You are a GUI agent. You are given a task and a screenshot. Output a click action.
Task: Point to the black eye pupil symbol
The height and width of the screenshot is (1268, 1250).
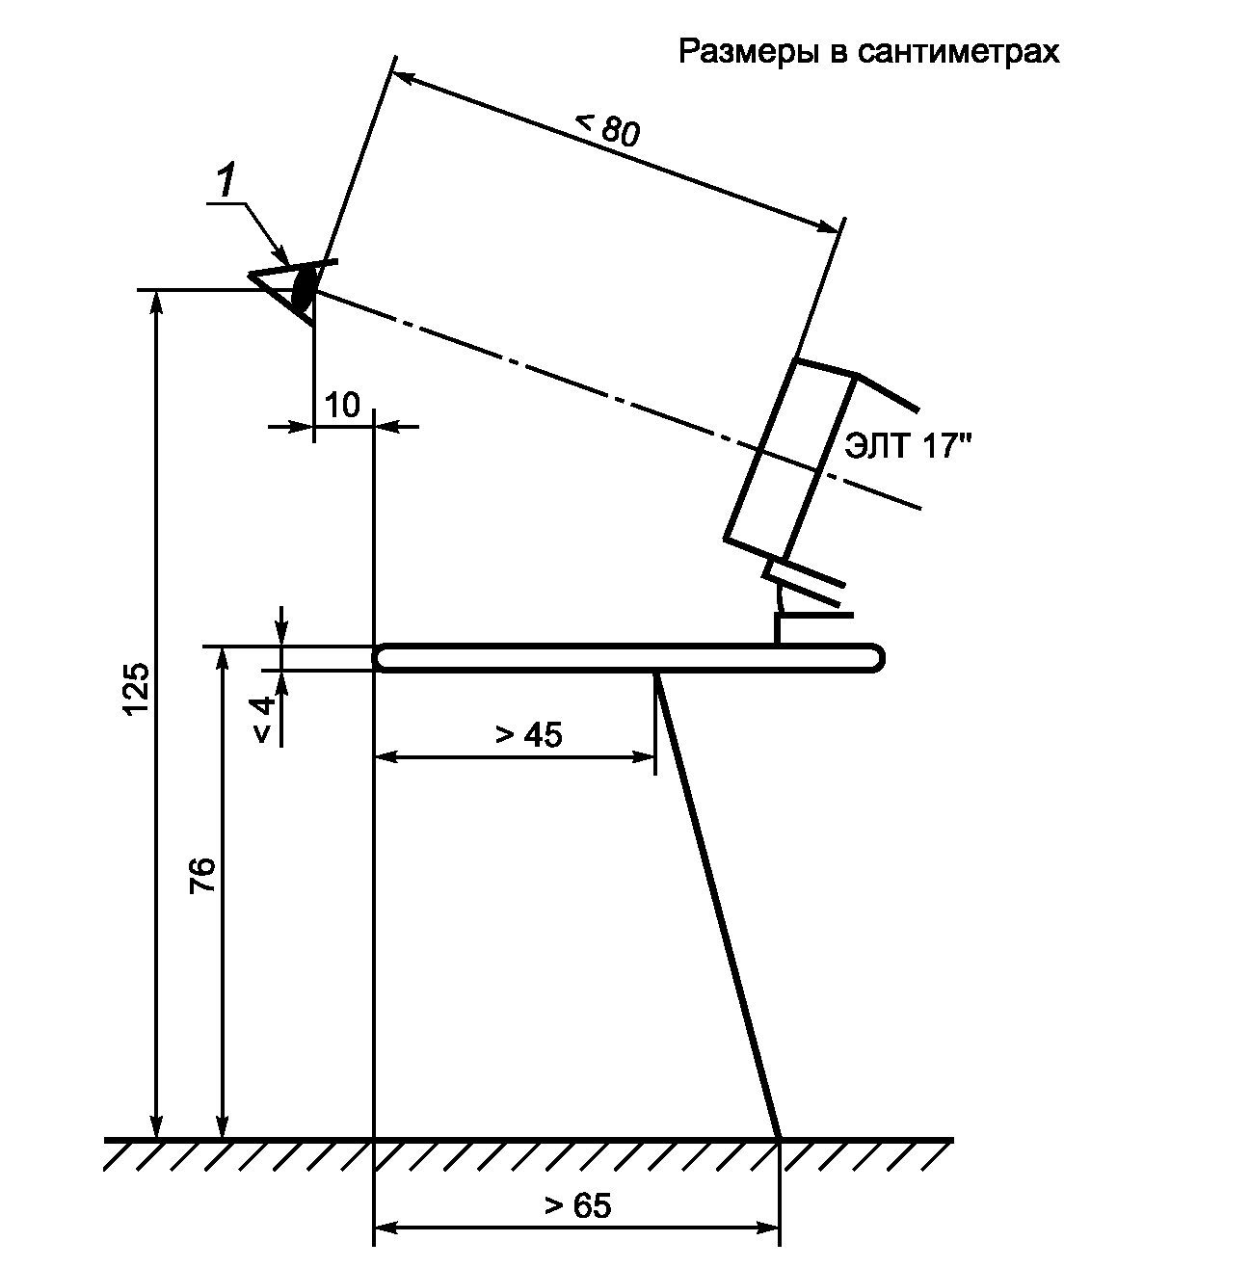click(x=304, y=288)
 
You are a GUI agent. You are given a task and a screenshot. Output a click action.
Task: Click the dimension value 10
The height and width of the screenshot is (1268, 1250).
click(x=342, y=406)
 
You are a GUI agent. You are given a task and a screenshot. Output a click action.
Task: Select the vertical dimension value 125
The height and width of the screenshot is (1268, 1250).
click(x=137, y=688)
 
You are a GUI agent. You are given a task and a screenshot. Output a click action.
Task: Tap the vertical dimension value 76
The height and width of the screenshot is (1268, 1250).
click(x=202, y=875)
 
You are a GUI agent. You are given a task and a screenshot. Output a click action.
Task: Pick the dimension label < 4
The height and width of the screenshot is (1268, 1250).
click(x=264, y=720)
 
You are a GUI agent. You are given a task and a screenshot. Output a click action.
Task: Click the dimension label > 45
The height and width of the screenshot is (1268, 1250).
click(x=529, y=735)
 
